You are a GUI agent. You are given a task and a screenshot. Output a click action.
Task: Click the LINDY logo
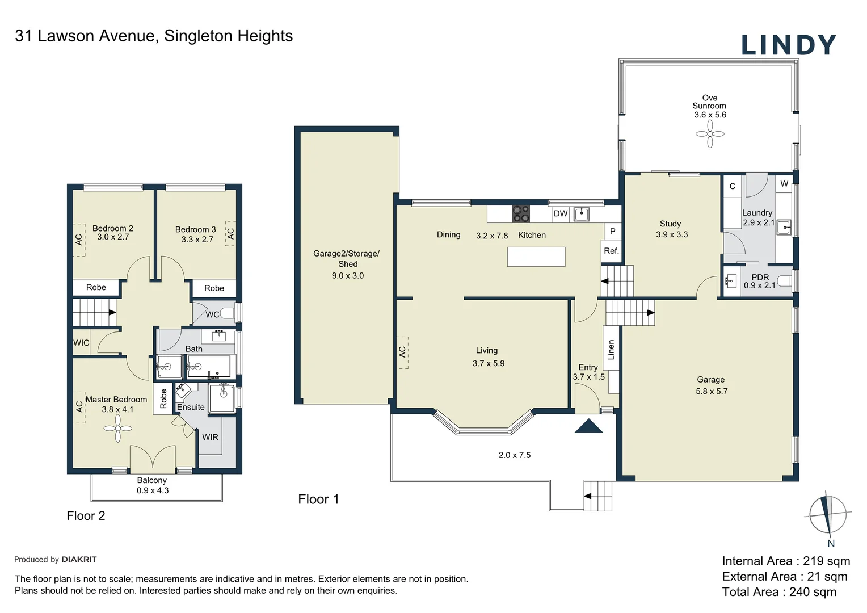[x=789, y=45]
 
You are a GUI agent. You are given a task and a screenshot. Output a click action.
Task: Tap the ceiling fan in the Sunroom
[x=710, y=134]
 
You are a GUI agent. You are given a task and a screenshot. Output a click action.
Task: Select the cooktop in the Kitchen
[x=520, y=214]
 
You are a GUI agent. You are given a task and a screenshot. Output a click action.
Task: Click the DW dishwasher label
[x=561, y=213]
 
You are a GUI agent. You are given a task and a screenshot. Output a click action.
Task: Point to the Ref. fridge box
[x=611, y=251]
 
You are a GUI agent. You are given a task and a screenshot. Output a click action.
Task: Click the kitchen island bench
[x=536, y=257]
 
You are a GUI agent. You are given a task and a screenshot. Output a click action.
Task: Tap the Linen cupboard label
[x=611, y=350]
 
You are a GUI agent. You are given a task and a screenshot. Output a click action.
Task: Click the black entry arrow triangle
[x=589, y=426]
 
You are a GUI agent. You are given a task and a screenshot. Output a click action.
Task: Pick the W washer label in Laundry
[x=784, y=184]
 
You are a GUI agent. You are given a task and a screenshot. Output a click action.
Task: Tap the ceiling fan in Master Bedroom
[x=117, y=429]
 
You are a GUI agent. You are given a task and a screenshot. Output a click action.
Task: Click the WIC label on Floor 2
[x=81, y=343]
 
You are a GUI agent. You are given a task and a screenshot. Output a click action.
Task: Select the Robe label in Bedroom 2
[x=96, y=287]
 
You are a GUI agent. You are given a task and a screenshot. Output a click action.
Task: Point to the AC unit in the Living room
[x=402, y=352]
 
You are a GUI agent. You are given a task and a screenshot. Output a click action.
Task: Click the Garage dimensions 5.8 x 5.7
[x=712, y=391]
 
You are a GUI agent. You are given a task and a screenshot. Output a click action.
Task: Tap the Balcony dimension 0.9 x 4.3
[x=153, y=490]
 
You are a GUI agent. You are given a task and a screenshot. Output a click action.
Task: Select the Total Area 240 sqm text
[x=779, y=592]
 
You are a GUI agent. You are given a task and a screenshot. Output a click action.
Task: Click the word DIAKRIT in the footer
[x=79, y=559]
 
